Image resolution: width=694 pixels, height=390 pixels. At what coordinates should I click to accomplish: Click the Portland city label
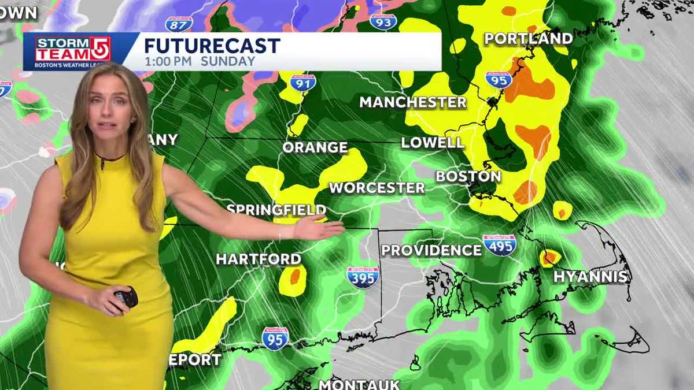click(x=528, y=39)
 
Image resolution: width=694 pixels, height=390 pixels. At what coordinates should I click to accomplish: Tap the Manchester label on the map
click(x=412, y=103)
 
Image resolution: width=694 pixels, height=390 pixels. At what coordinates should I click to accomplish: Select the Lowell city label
click(x=433, y=143)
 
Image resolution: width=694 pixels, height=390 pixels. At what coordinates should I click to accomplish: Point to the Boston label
click(x=468, y=176)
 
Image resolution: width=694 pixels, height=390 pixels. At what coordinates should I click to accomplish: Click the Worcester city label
click(x=376, y=188)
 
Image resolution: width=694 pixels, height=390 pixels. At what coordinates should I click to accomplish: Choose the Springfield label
click(x=276, y=210)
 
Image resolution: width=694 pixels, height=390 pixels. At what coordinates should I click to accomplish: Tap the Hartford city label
click(x=259, y=259)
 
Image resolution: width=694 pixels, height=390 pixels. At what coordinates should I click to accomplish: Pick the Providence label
click(x=431, y=250)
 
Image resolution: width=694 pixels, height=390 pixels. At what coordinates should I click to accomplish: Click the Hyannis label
click(x=590, y=277)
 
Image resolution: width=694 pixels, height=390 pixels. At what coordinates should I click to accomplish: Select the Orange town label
click(x=315, y=147)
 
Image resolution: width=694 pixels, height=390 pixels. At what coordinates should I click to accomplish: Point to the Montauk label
click(x=359, y=384)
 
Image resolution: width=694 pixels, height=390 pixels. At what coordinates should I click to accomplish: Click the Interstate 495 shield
click(x=500, y=246)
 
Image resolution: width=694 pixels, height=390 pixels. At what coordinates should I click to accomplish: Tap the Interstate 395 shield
click(x=363, y=277)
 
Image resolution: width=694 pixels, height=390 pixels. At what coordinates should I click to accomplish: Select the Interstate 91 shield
click(x=303, y=83)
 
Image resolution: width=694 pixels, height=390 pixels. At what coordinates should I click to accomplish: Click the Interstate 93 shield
click(x=383, y=22)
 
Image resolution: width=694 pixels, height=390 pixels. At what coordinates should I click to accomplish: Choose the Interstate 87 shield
click(x=179, y=24)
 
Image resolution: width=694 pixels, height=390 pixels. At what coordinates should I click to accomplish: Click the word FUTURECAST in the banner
click(x=212, y=46)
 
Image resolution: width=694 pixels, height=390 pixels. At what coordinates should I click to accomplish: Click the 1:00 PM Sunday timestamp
click(x=200, y=61)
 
